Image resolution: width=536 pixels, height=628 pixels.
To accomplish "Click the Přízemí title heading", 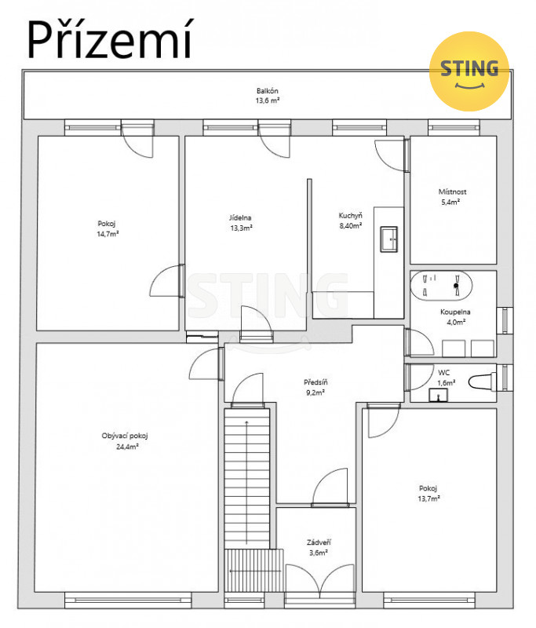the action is tap(109, 40).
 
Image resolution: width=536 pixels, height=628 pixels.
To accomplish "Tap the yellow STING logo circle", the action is tap(469, 71).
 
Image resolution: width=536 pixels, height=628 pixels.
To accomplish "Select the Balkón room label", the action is tap(268, 91).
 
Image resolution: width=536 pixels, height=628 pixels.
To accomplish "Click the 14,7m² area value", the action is tap(108, 234).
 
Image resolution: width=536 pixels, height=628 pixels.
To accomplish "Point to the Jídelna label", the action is tap(240, 218).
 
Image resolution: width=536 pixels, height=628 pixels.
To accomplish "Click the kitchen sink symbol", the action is tap(388, 239).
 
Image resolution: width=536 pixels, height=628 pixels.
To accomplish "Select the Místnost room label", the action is tap(452, 192).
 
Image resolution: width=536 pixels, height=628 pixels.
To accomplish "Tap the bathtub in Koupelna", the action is tap(441, 286).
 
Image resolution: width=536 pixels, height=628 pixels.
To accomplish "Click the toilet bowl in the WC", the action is tap(482, 382).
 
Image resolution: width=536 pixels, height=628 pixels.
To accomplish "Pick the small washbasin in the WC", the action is tap(439, 395).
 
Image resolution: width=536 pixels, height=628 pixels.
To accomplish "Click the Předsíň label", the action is tap(315, 382).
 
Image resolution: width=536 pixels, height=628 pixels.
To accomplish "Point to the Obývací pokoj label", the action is tap(125, 436).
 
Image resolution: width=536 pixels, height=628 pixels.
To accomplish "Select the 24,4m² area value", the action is tap(127, 447).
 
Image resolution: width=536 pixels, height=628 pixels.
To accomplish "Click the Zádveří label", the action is tap(319, 542).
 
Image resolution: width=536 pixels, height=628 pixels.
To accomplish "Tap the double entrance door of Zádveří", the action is tap(320, 579).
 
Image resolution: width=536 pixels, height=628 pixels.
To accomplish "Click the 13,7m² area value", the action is tap(429, 498).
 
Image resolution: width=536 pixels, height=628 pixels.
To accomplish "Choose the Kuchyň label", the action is tap(351, 215).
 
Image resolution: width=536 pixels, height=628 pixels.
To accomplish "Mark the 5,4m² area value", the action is tap(450, 203).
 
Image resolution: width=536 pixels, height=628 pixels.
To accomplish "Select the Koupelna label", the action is tap(455, 312).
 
